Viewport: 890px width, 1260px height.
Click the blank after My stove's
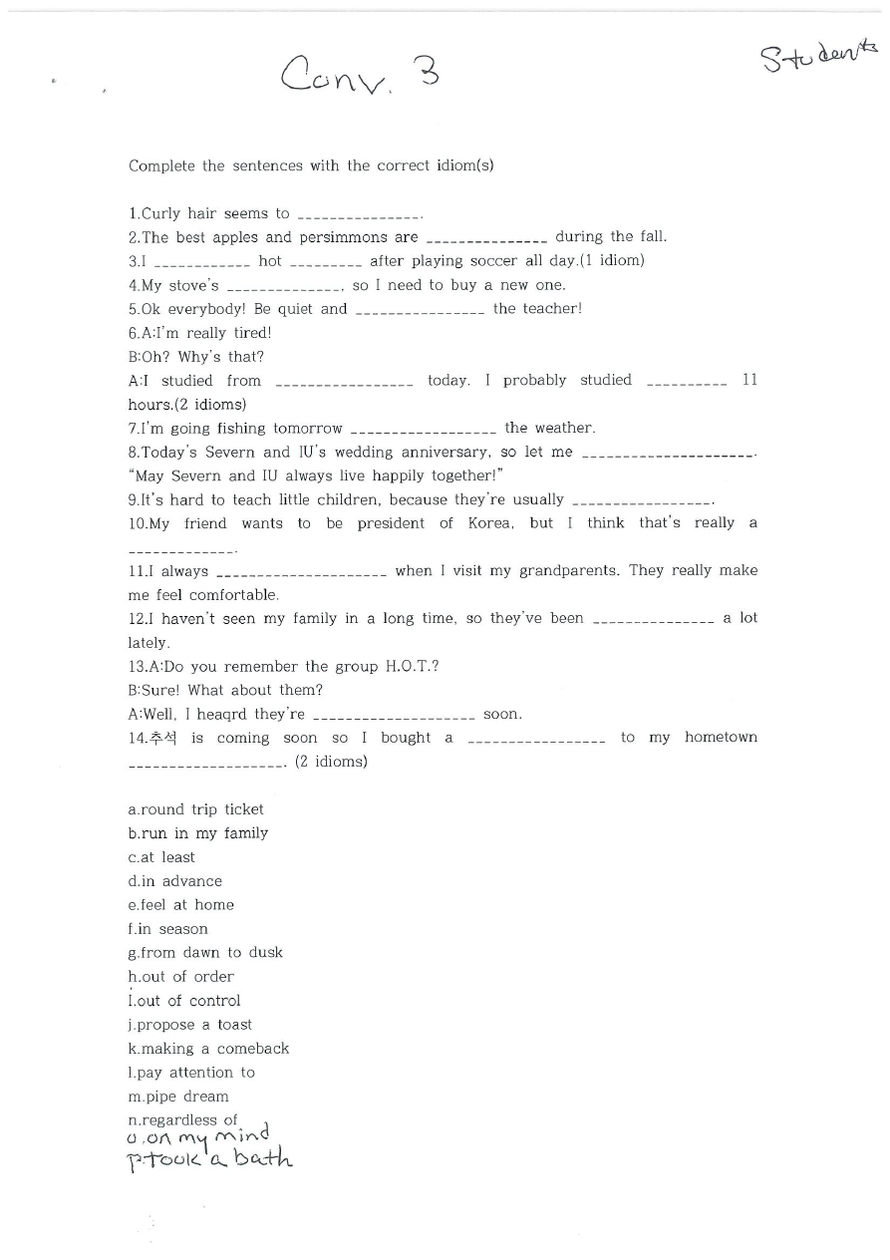tap(284, 287)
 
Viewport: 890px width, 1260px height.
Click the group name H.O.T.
tap(412, 667)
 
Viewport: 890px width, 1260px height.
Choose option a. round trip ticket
tap(196, 809)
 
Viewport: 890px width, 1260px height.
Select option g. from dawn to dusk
tap(205, 953)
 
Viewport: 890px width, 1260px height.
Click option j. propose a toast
tap(190, 1025)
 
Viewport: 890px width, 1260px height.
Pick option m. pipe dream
tap(178, 1097)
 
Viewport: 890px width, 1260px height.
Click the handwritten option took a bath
tap(210, 1158)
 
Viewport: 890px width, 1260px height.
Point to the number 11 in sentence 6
tap(749, 380)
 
